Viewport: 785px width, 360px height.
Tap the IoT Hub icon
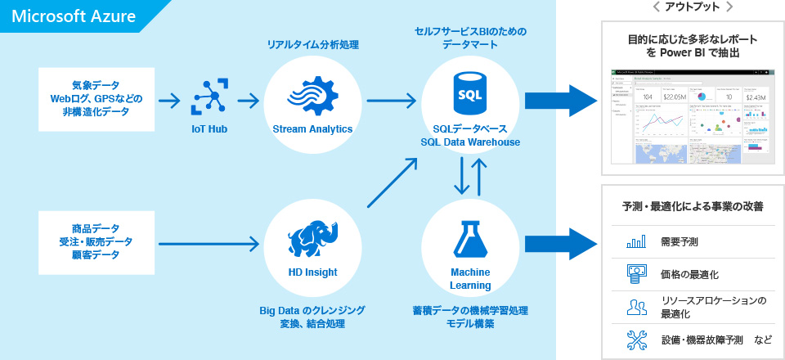pyautogui.click(x=210, y=97)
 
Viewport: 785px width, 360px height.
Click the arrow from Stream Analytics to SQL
pyautogui.click(x=391, y=101)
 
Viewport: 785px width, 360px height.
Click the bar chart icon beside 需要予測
pyautogui.click(x=635, y=242)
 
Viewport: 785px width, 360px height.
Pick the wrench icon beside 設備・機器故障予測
pyautogui.click(x=635, y=339)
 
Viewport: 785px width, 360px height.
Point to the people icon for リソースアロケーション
pyautogui.click(x=635, y=307)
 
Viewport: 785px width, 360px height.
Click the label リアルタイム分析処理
pyautogui.click(x=313, y=45)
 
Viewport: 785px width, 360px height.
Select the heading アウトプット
pyautogui.click(x=692, y=7)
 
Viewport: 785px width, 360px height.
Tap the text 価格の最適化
pyautogui.click(x=689, y=274)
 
